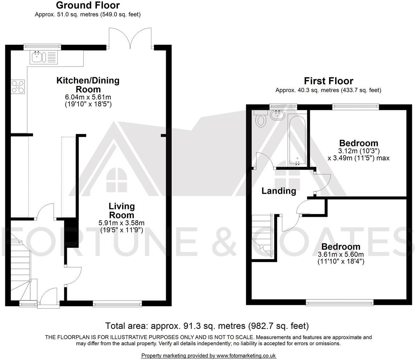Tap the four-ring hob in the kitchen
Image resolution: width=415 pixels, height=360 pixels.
(18, 87)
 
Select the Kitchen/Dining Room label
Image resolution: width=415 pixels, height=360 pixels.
(88, 85)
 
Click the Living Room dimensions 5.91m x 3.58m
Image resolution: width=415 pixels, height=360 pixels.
(122, 223)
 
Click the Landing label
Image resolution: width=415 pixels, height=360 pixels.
(279, 191)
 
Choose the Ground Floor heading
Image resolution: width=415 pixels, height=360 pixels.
(87, 6)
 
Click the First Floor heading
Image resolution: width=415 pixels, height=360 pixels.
(328, 81)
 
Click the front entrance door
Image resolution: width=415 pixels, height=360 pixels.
(48, 298)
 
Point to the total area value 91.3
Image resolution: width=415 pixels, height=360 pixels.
(190, 326)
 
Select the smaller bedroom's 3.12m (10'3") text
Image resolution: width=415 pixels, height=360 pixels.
(358, 151)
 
